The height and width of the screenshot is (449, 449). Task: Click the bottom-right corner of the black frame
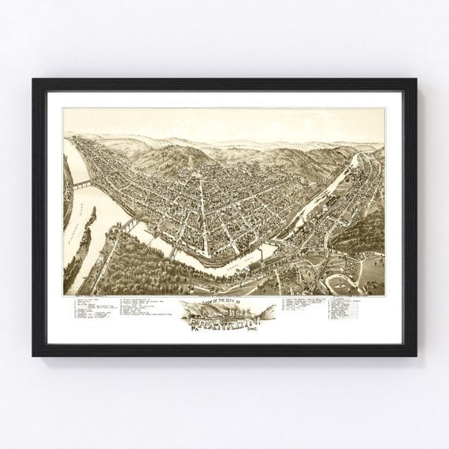(x=415, y=355)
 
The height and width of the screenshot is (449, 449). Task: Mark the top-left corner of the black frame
(x=34, y=80)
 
